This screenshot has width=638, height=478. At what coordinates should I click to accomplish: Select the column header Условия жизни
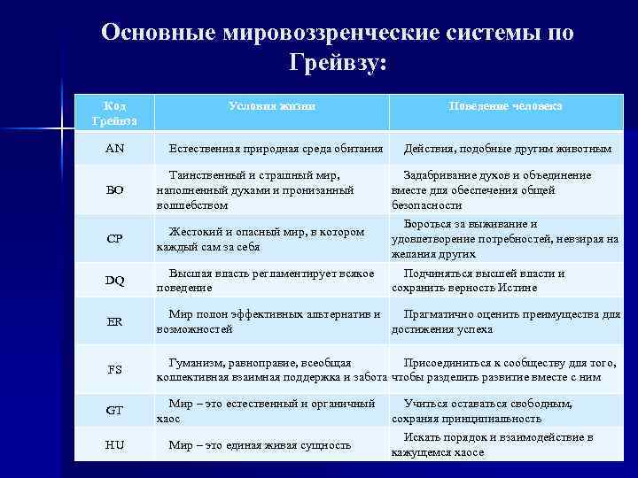coord(271,105)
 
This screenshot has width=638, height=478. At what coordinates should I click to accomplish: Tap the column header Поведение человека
coord(505,105)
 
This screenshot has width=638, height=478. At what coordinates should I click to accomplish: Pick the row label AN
coord(115,148)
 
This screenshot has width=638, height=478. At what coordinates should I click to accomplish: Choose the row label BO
coord(115,190)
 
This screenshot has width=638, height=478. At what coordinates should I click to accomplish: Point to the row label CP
coord(115,239)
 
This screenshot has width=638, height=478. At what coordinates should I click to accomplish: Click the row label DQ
coord(115,281)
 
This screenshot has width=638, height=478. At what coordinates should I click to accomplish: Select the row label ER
coord(115,321)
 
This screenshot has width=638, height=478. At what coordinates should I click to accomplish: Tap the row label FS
coord(115,369)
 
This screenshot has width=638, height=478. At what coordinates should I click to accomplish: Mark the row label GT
coord(115,411)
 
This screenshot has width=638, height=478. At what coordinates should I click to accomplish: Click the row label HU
coord(115,444)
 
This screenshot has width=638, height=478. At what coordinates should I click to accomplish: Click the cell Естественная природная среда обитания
coord(276,148)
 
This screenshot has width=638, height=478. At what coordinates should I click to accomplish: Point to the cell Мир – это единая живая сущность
coord(260,444)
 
